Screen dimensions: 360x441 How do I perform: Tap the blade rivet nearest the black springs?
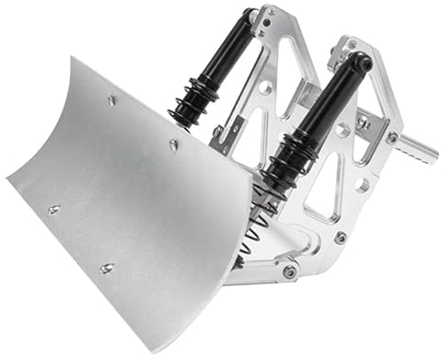(x=173, y=144)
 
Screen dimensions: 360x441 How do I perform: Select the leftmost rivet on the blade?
(x=53, y=210)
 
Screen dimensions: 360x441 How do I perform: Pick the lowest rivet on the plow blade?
(x=106, y=268)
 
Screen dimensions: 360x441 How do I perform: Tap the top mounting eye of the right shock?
(x=362, y=63)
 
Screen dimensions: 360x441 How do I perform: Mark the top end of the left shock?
(x=250, y=16)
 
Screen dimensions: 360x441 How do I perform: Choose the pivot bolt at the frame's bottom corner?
(x=290, y=271)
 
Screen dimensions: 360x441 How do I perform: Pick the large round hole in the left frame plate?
(x=264, y=87)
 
